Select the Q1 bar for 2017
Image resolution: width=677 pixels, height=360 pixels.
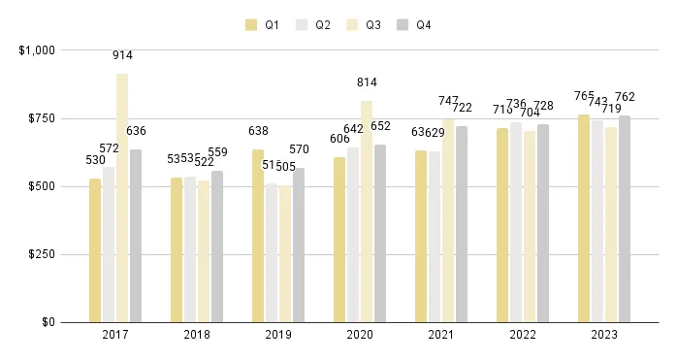[95, 250]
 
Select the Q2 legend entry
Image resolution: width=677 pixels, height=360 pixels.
[312, 25]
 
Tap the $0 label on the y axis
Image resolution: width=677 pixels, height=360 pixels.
[47, 322]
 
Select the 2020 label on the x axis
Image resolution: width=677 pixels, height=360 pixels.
[360, 335]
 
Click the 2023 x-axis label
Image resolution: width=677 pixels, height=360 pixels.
[604, 335]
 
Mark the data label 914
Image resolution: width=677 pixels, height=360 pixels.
[122, 57]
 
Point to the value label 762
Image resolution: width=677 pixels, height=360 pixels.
[625, 97]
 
